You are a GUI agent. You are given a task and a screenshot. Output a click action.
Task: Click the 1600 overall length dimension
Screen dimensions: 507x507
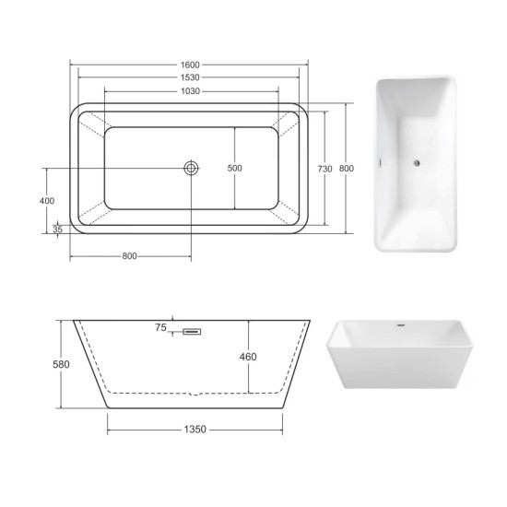pyautogui.click(x=190, y=65)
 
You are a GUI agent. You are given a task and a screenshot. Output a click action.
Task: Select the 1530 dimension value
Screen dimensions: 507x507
pyautogui.click(x=190, y=77)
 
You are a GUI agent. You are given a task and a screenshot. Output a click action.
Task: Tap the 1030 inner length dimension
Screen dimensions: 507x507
pyautogui.click(x=190, y=91)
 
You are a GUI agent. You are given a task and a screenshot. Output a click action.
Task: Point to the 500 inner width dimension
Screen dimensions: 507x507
pyautogui.click(x=235, y=168)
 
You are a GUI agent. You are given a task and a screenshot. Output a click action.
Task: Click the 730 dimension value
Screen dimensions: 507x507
pyautogui.click(x=324, y=169)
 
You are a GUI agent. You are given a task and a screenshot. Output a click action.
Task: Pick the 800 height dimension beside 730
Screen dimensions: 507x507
pyautogui.click(x=347, y=169)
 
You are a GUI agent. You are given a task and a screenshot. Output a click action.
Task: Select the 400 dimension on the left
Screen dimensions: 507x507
pyautogui.click(x=47, y=201)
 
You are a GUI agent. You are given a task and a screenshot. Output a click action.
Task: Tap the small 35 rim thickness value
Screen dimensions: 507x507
pyautogui.click(x=57, y=230)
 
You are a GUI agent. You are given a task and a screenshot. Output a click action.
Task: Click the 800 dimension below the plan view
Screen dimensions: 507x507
pyautogui.click(x=129, y=256)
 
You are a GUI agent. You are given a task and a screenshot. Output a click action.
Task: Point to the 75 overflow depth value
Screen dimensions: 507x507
pyautogui.click(x=160, y=327)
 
